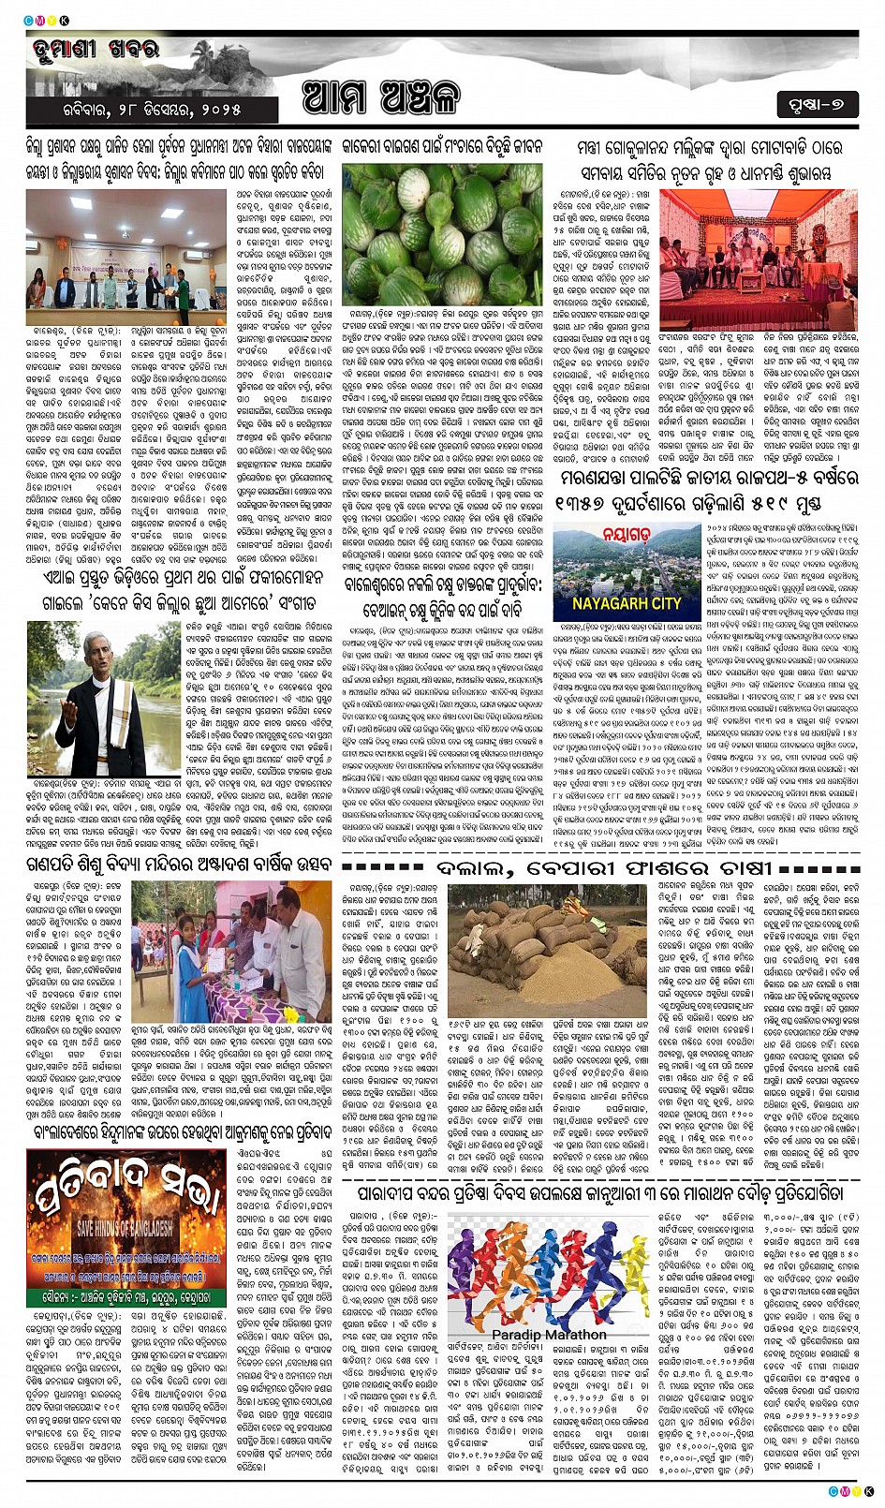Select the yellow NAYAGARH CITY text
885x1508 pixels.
tap(627, 603)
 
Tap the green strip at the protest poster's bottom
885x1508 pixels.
tap(125, 1296)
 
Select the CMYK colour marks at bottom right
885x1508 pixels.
tap(851, 1490)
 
